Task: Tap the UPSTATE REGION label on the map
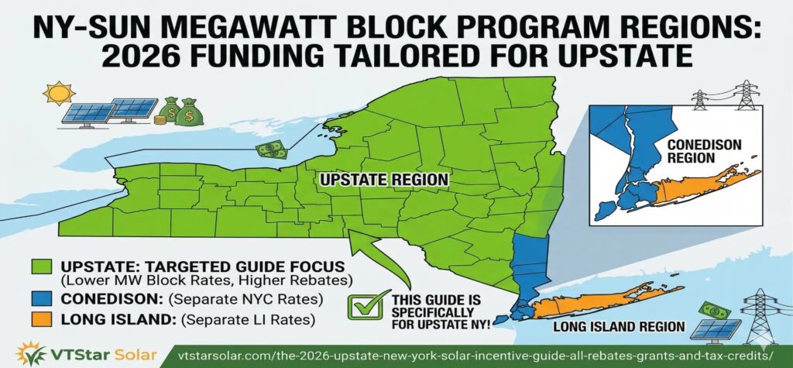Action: click(x=383, y=179)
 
